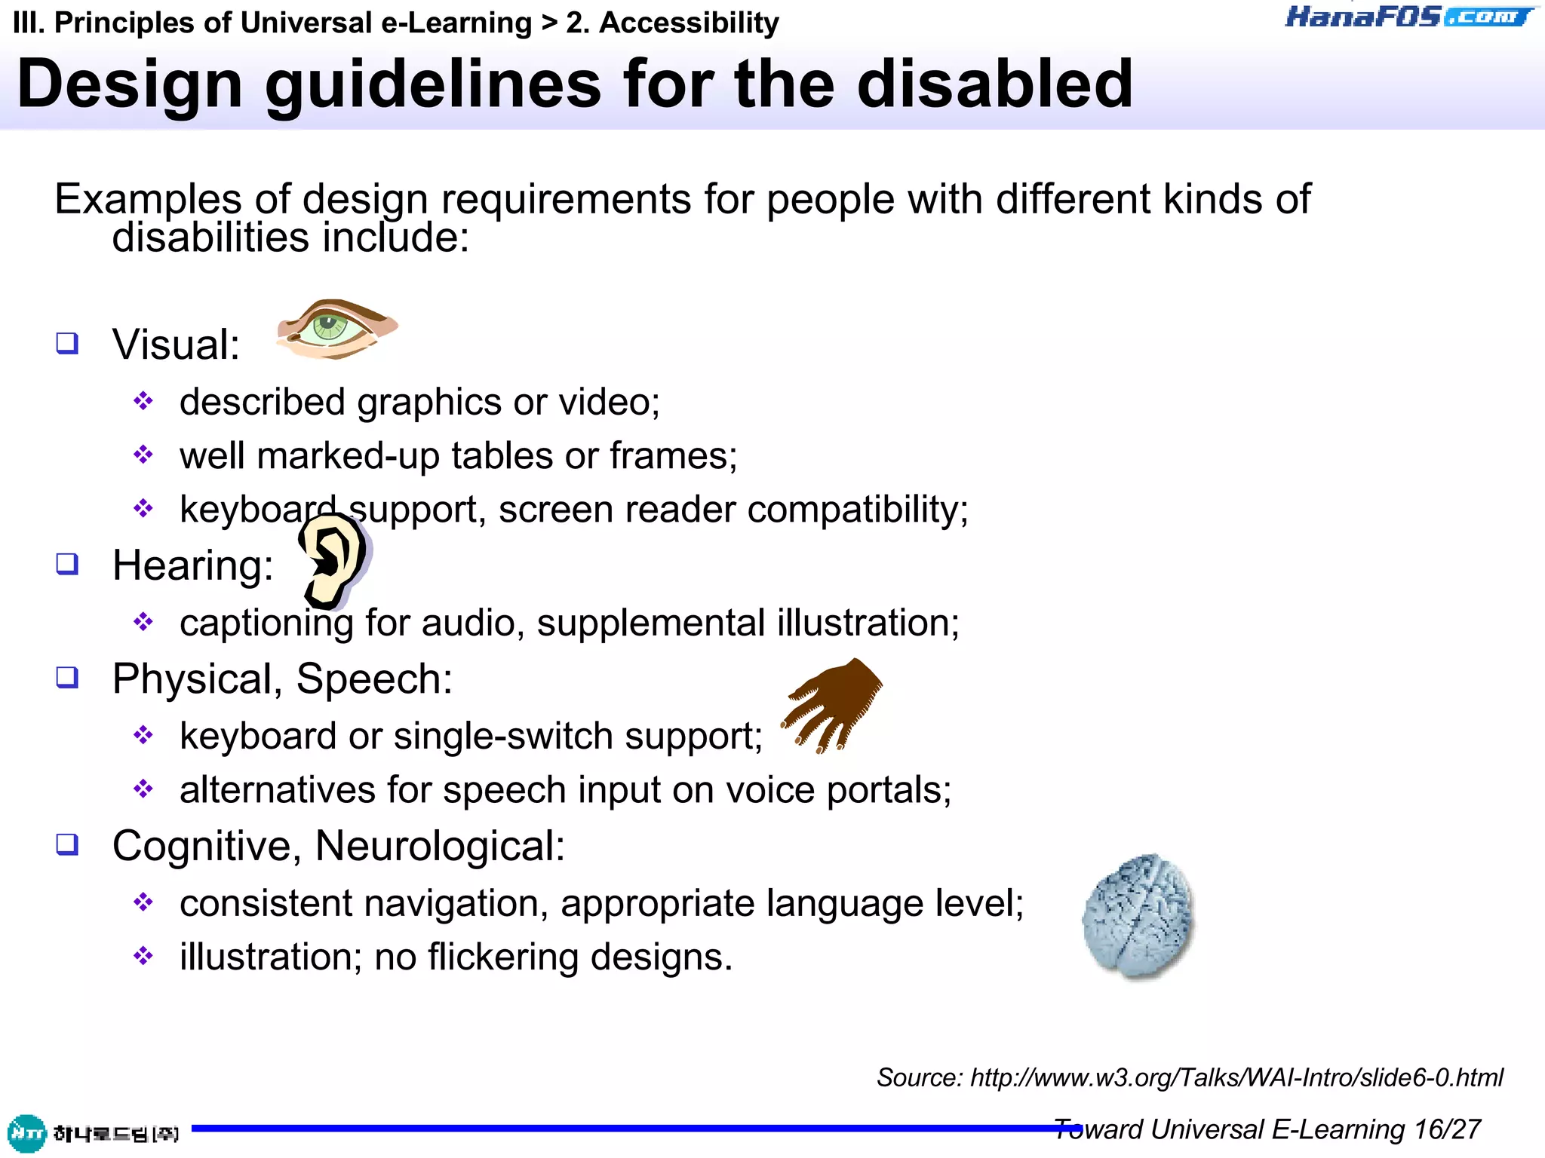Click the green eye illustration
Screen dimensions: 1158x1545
[335, 329]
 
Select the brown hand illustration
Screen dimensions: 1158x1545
[832, 705]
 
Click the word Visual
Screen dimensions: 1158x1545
[175, 345]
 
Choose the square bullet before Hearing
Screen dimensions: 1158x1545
[67, 564]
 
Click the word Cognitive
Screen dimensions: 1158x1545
[201, 846]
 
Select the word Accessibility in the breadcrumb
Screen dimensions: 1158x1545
[688, 23]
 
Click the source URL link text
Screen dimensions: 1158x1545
[1236, 1077]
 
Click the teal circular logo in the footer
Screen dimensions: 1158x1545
[26, 1133]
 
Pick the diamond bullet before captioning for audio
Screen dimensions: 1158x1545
[143, 623]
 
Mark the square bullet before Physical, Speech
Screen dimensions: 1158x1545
[67, 678]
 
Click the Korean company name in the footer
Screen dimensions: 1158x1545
[115, 1133]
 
